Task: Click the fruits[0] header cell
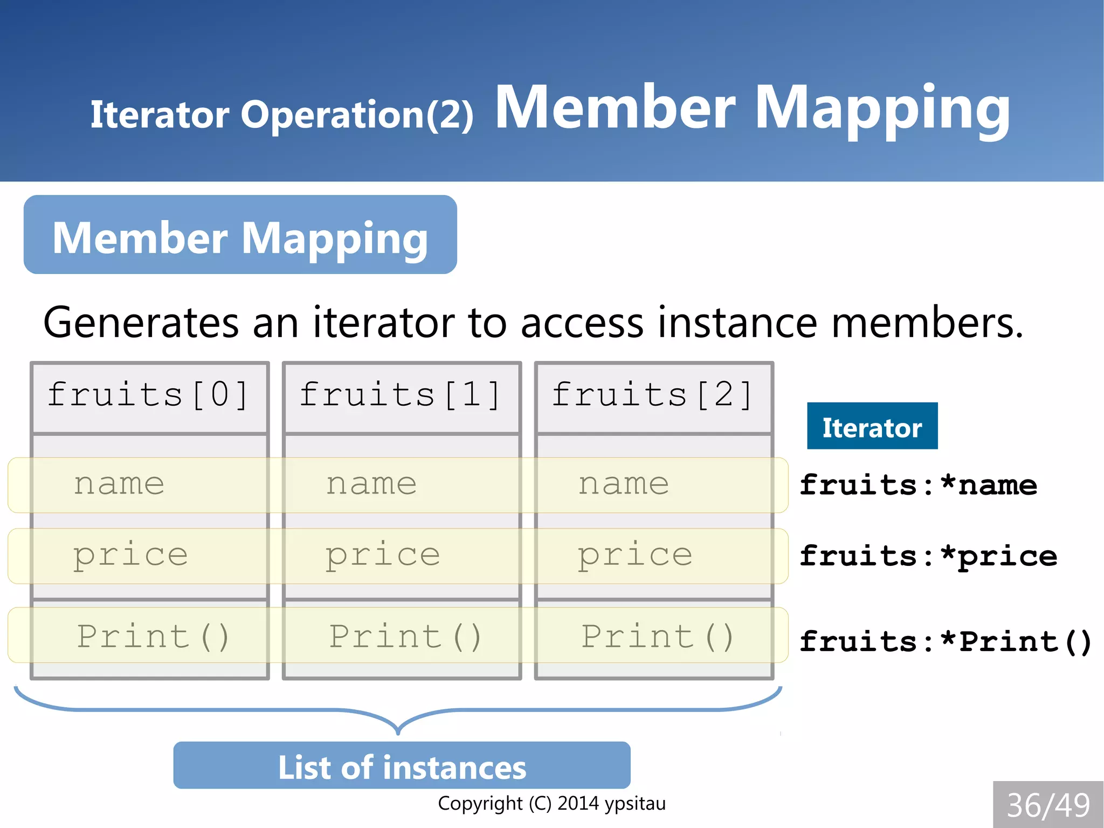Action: click(149, 395)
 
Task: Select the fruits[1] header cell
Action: click(402, 395)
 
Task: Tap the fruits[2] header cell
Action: click(653, 395)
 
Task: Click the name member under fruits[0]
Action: click(119, 484)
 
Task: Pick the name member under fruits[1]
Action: click(371, 484)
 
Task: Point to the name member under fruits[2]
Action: click(624, 484)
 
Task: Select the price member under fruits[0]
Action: click(130, 555)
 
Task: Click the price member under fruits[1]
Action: click(383, 555)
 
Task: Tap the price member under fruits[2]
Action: click(635, 555)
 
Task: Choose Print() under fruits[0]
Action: click(154, 636)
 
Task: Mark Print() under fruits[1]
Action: click(405, 636)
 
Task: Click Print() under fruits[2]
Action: click(658, 636)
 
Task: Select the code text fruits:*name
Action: click(918, 485)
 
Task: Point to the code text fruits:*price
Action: click(928, 556)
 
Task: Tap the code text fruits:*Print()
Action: click(946, 642)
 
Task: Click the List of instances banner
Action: click(402, 766)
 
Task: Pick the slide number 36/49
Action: click(1048, 805)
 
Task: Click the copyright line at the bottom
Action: click(551, 803)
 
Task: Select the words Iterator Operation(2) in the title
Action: click(281, 114)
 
